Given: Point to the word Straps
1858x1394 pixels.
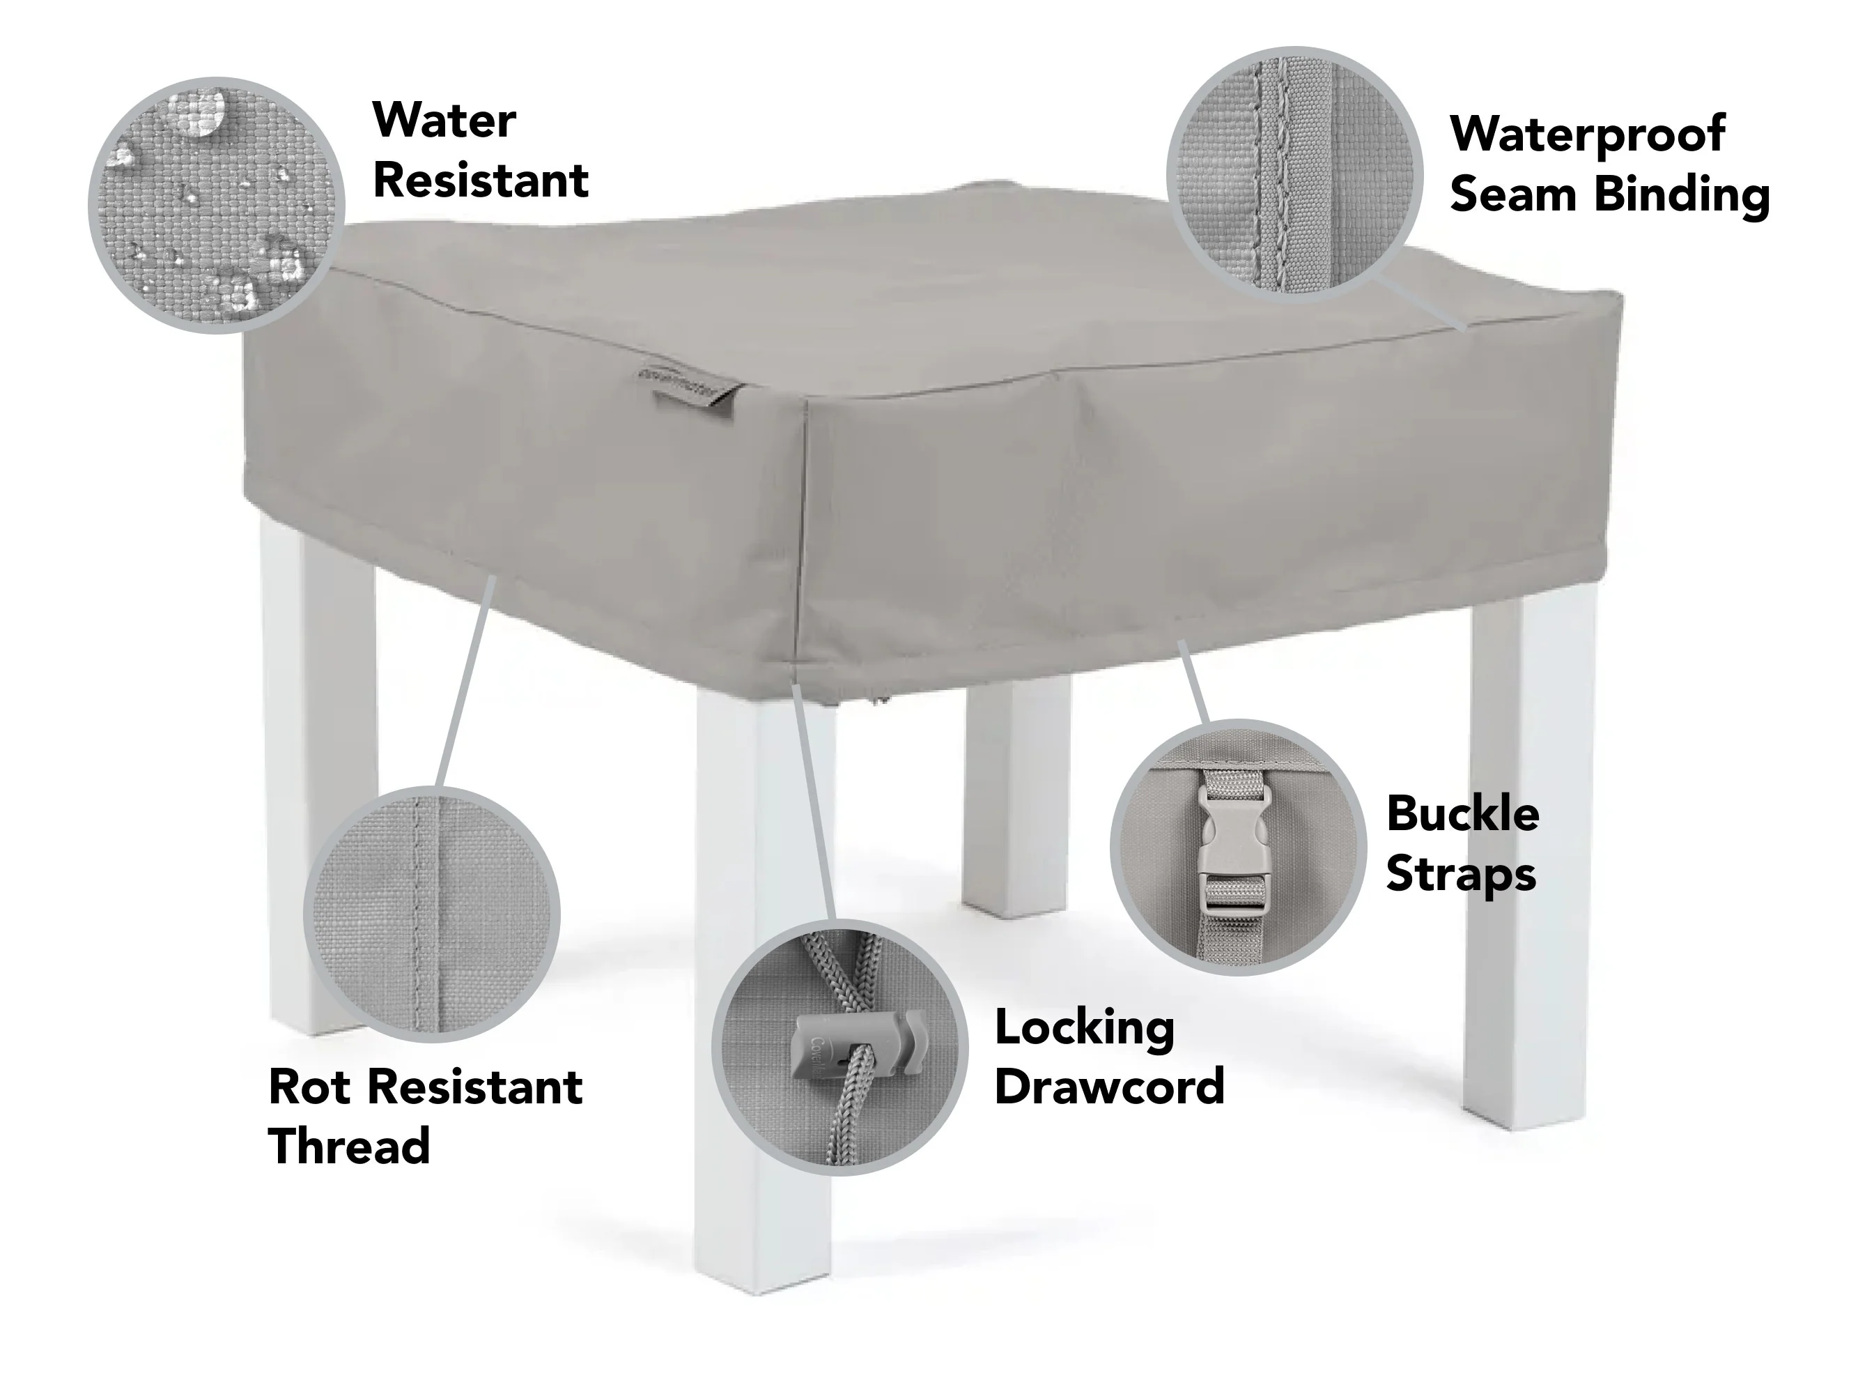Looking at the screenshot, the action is click(x=1461, y=875).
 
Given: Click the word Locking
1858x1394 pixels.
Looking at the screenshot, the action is click(x=1085, y=1029).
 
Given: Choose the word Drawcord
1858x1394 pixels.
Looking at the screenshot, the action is click(x=1110, y=1087).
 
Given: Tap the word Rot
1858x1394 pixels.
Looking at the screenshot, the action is click(x=309, y=1087).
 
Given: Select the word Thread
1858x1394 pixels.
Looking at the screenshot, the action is click(x=350, y=1146).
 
